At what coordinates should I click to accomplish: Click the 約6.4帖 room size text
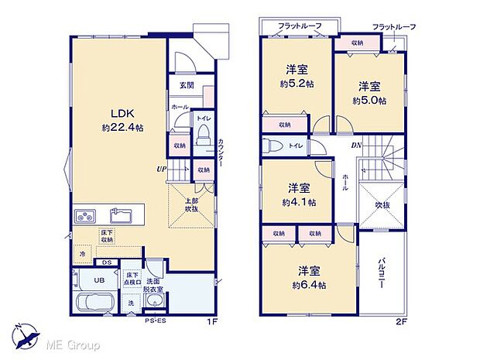(310, 285)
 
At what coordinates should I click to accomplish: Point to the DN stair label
(357, 146)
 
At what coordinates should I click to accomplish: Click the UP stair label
(161, 168)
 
